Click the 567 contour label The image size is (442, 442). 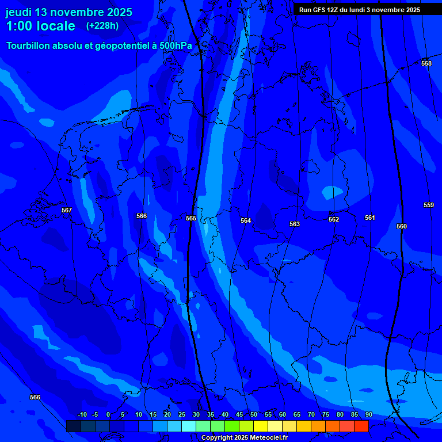pyautogui.click(x=67, y=211)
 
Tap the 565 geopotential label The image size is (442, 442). pyautogui.click(x=191, y=218)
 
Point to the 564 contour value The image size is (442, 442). pyautogui.click(x=246, y=220)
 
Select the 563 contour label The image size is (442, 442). pyautogui.click(x=295, y=224)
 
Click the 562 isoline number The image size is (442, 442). pyautogui.click(x=334, y=219)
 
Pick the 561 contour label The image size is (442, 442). pyautogui.click(x=370, y=218)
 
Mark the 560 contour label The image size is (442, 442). pyautogui.click(x=402, y=226)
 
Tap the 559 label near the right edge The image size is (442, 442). pyautogui.click(x=428, y=205)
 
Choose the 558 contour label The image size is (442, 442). pyautogui.click(x=426, y=63)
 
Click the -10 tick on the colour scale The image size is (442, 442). pyautogui.click(x=82, y=415)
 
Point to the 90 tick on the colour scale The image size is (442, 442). pyautogui.click(x=368, y=415)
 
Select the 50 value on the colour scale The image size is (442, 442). pyautogui.click(x=253, y=415)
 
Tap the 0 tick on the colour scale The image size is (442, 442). pyautogui.click(x=108, y=415)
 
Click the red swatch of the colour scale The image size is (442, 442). pyautogui.click(x=361, y=426)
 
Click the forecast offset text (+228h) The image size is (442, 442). pyautogui.click(x=102, y=26)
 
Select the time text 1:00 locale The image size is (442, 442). pyautogui.click(x=40, y=26)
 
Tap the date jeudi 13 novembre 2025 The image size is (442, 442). pyautogui.click(x=69, y=12)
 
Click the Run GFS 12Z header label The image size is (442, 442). pyautogui.click(x=360, y=10)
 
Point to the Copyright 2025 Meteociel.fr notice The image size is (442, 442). pyautogui.click(x=244, y=438)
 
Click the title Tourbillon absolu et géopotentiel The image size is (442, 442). pyautogui.click(x=99, y=45)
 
